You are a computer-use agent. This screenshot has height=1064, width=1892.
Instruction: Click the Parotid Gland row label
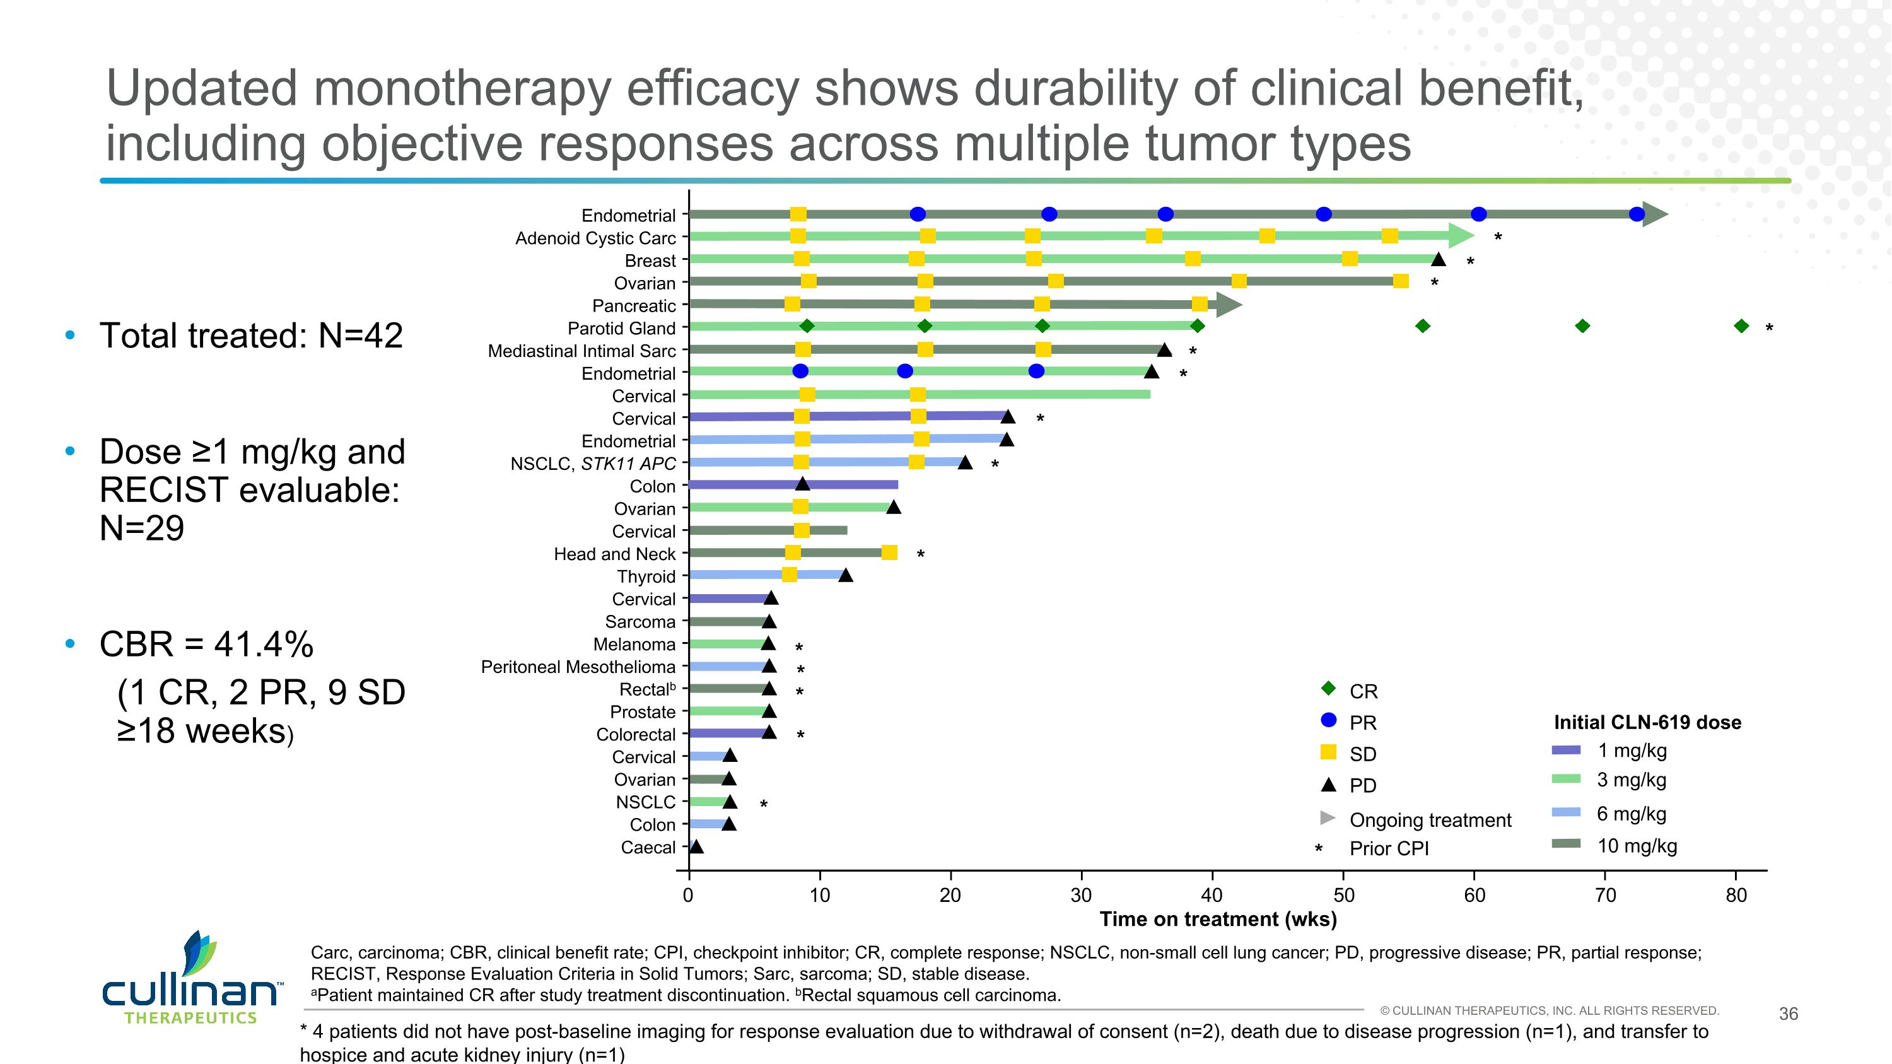point(621,328)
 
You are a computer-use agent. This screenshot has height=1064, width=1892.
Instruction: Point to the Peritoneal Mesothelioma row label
point(578,667)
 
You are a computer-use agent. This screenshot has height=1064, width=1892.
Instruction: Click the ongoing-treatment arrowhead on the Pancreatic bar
point(1228,304)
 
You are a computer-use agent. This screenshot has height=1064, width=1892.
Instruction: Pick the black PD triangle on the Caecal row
point(696,846)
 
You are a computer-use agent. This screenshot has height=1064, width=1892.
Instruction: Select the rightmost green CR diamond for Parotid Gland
point(1741,326)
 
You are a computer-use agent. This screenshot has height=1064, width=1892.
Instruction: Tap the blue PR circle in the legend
point(1328,720)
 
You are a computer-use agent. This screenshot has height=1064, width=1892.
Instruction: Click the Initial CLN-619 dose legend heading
point(1647,723)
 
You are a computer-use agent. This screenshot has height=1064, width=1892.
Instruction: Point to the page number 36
point(1788,1014)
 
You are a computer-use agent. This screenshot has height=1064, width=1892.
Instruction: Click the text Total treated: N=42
point(251,336)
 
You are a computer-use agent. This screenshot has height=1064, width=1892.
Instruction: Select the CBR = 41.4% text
point(206,644)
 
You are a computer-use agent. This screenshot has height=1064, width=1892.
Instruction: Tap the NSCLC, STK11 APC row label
point(593,464)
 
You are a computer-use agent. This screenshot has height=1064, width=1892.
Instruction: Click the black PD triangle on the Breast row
point(1438,259)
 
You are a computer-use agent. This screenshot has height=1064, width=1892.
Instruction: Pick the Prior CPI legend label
point(1389,849)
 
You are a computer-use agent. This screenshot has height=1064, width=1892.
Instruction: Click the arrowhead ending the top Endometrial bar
point(1655,214)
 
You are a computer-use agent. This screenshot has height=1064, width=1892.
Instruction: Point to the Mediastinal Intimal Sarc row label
point(581,351)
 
